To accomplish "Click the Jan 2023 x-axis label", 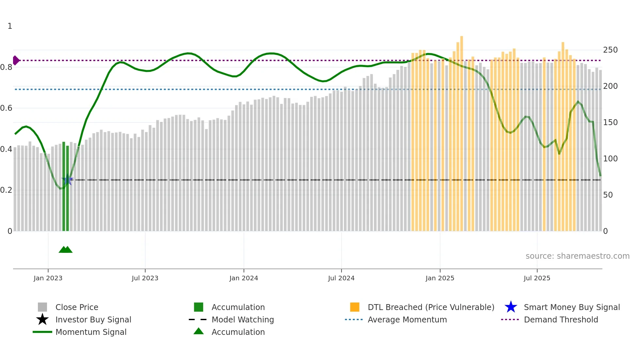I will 48,278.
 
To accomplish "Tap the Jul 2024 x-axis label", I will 341,278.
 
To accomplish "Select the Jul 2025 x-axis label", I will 537,278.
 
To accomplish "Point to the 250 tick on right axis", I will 610,50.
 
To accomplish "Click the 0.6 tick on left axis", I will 6,108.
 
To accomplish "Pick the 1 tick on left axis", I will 10,26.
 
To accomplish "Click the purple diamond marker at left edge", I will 16,60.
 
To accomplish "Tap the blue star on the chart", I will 68,180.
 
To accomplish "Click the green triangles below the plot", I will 66,250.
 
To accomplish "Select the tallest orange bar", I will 461,131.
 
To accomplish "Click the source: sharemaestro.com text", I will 577,256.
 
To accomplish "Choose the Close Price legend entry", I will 77,307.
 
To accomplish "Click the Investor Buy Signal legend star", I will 42,319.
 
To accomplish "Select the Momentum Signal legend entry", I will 91,332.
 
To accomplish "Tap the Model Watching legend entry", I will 243,320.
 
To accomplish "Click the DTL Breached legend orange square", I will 355,307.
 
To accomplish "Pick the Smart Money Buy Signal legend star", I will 511,307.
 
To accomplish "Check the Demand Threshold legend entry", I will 561,320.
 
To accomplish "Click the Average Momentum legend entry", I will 407,320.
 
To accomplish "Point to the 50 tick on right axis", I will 608,195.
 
